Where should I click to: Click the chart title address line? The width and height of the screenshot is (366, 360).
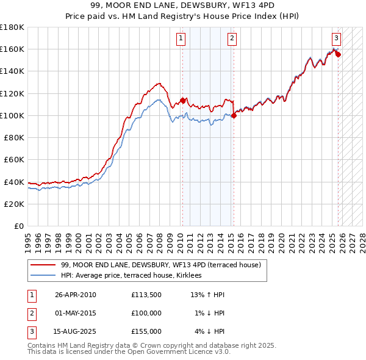[183, 5]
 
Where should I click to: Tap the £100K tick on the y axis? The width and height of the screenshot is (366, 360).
[12, 115]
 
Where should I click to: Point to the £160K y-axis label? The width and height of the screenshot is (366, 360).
[12, 49]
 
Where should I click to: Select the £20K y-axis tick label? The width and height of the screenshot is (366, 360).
[14, 204]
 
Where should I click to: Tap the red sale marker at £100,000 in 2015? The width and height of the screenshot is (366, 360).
[233, 115]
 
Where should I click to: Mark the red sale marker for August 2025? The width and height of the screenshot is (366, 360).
[338, 54]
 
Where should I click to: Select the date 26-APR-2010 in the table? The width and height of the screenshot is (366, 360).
[76, 295]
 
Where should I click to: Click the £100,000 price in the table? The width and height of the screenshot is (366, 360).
[146, 313]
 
